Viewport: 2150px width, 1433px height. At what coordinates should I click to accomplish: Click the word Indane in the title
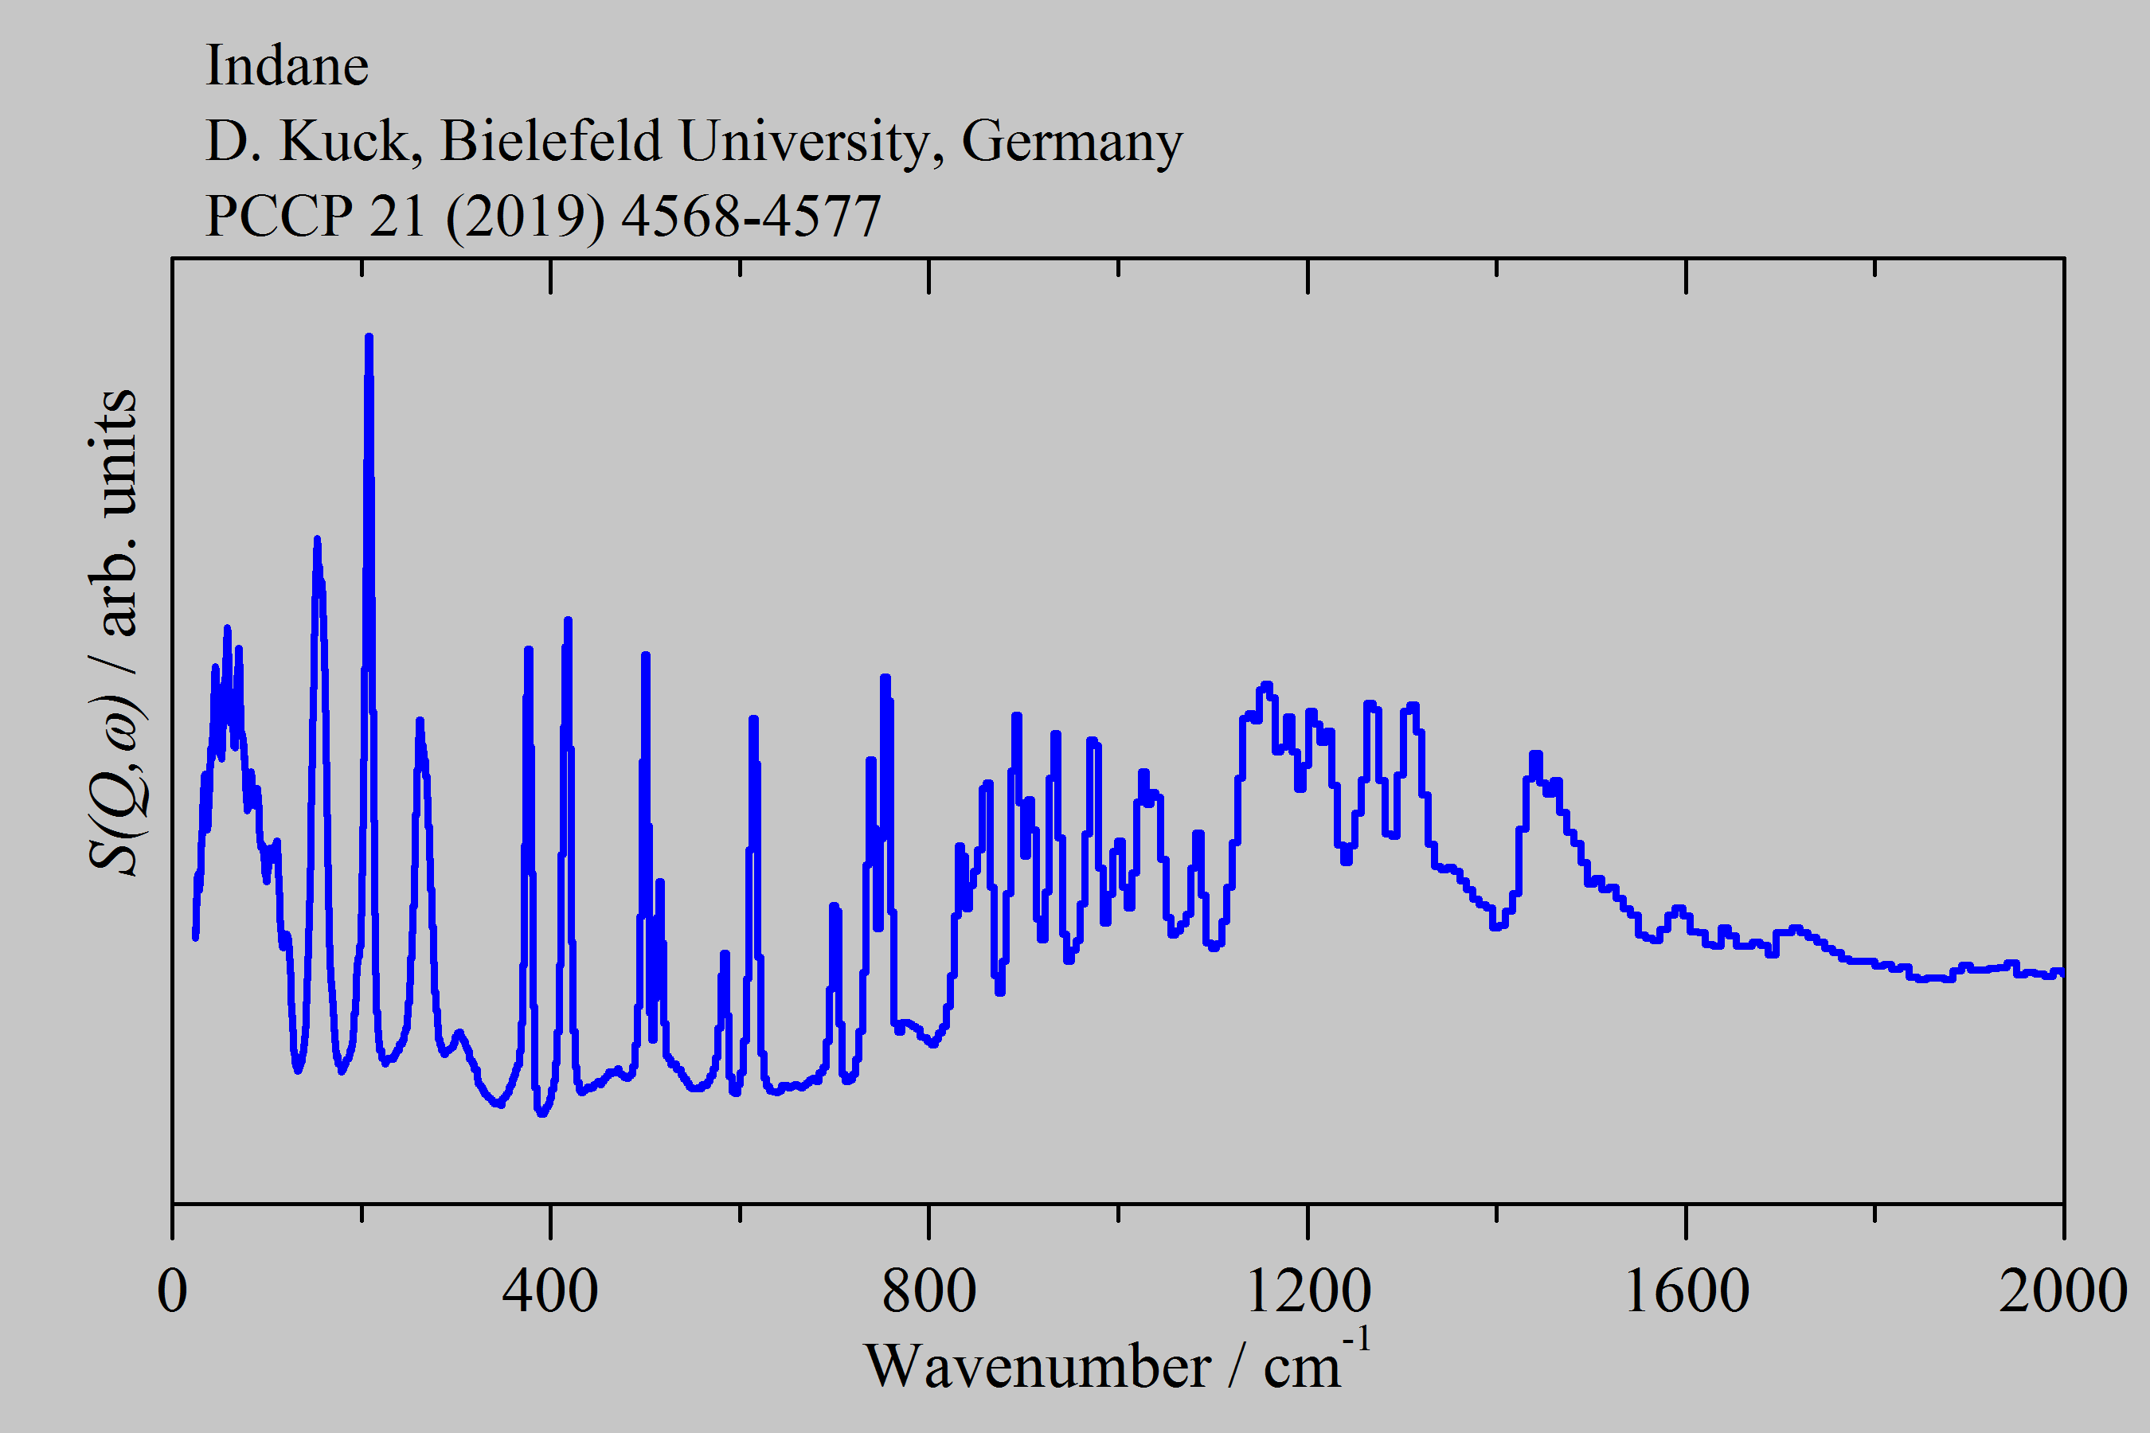coord(286,66)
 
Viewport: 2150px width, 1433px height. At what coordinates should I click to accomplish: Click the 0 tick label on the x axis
coord(172,1290)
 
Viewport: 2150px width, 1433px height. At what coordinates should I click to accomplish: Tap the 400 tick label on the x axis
coord(550,1290)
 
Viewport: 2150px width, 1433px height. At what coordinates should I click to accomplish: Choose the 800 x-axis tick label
coord(928,1290)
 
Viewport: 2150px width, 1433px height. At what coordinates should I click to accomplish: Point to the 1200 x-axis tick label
coord(1308,1290)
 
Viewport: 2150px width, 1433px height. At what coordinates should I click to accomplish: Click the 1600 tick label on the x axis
coord(1686,1290)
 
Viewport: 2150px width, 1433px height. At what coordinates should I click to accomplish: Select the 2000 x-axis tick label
coord(2062,1290)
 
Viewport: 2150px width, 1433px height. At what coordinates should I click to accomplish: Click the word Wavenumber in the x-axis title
coord(1037,1367)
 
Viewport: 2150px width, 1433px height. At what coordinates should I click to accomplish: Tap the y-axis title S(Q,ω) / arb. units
coord(114,631)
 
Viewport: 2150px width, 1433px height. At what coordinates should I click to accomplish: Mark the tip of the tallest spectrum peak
coord(369,338)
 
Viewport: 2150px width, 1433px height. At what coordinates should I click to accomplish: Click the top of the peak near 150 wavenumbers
coord(316,540)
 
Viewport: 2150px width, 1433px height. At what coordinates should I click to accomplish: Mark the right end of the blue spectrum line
coord(2062,974)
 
